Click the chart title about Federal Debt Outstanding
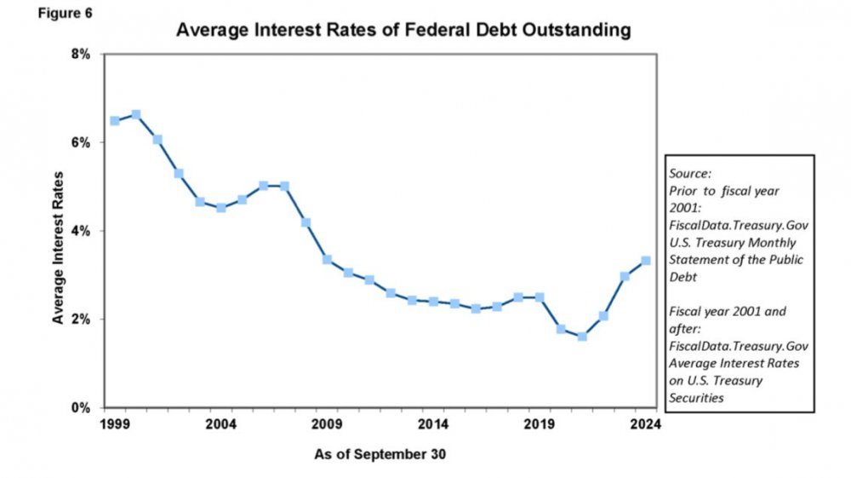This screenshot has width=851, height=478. [403, 31]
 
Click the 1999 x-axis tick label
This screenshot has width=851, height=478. [114, 423]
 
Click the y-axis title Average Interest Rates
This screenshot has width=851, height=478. [59, 232]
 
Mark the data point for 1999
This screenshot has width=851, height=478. [115, 121]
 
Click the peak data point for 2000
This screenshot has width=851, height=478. [136, 114]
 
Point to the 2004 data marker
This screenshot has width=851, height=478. [221, 208]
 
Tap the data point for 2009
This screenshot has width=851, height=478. [327, 260]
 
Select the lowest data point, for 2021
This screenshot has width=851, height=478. [582, 337]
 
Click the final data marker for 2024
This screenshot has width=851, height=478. [646, 261]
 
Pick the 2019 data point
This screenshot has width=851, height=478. [540, 297]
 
